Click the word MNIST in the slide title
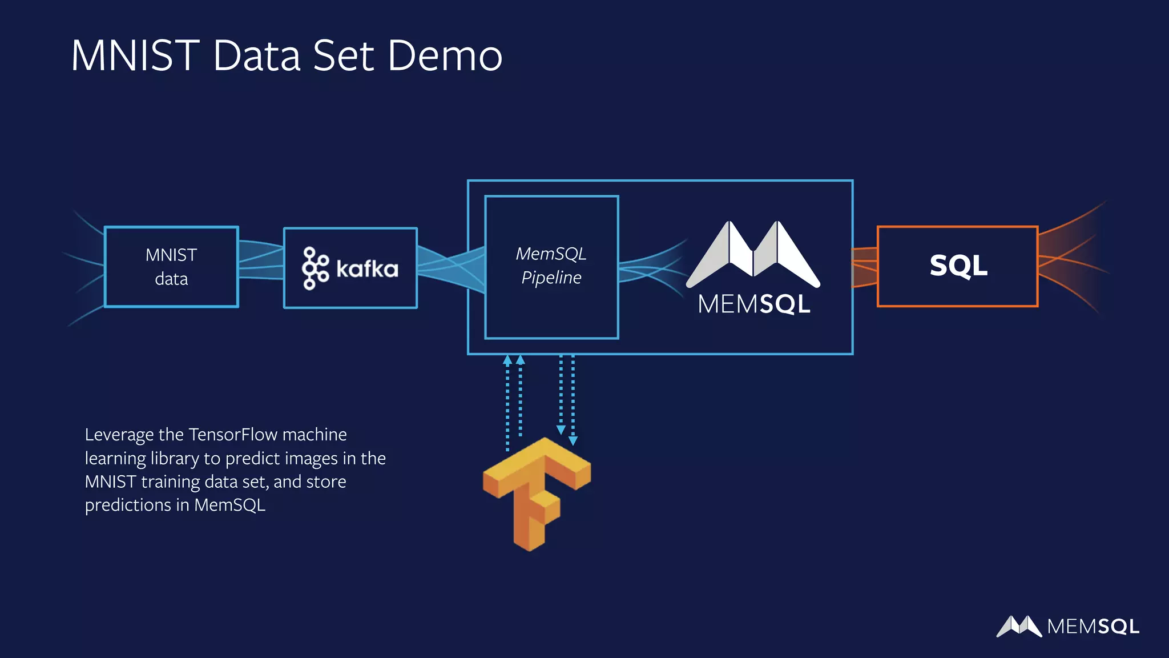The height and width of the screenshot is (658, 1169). click(x=135, y=56)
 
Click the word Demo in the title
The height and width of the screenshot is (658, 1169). click(x=445, y=56)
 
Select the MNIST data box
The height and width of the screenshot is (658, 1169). click(x=171, y=267)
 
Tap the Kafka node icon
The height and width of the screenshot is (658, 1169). click(x=315, y=268)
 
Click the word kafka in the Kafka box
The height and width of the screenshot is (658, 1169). click(x=367, y=268)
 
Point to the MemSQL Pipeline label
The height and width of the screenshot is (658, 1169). click(x=551, y=266)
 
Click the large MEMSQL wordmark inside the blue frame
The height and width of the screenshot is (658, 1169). click(x=754, y=304)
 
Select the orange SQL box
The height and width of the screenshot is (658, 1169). click(x=957, y=266)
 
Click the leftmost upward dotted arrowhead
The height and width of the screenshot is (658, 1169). click(x=507, y=360)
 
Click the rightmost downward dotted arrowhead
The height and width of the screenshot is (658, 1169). click(x=573, y=440)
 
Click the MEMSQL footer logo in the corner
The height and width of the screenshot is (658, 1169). click(x=1067, y=626)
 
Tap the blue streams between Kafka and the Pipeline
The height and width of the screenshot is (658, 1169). click(x=450, y=266)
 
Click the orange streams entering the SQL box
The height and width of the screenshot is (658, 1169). click(x=864, y=267)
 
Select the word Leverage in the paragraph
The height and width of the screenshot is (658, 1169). click(x=119, y=435)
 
